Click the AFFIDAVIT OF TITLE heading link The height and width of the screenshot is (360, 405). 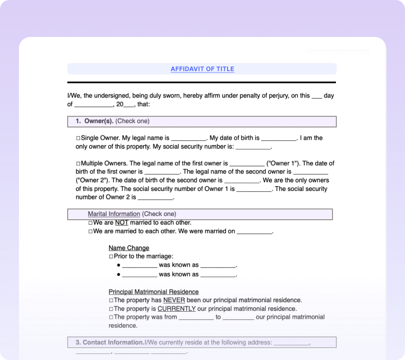[202, 69]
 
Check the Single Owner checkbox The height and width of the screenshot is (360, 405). [79, 138]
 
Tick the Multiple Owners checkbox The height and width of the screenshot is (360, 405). [79, 163]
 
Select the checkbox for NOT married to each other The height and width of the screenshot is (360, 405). [90, 223]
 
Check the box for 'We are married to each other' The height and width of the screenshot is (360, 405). [90, 232]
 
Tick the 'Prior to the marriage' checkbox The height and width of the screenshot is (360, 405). [111, 256]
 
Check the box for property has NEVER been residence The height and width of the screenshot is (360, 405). [111, 300]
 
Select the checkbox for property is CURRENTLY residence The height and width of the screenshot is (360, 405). [111, 309]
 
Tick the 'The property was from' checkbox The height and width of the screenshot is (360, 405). [111, 317]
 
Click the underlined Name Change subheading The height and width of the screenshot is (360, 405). [129, 248]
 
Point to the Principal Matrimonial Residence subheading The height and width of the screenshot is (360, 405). [153, 292]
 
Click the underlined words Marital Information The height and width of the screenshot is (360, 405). [114, 214]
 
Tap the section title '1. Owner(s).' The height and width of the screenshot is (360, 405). [95, 121]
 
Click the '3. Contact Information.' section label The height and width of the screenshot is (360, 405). [110, 342]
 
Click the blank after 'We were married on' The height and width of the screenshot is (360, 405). [255, 232]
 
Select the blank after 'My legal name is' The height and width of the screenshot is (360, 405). [188, 138]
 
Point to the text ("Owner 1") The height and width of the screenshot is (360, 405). [283, 163]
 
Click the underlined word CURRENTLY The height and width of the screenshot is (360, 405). [176, 309]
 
